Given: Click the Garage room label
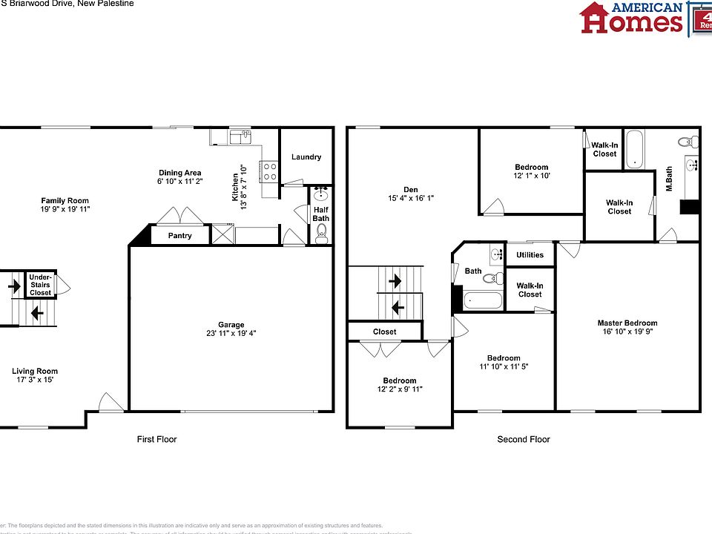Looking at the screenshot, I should point(231,324).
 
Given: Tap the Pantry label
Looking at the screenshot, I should point(179,236).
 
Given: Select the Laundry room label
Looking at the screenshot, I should point(306,157).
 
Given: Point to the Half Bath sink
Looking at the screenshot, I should point(321,196).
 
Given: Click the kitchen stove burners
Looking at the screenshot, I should point(269,172).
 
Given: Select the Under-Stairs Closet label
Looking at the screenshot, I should point(41,285).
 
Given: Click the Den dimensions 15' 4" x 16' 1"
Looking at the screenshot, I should point(411,198).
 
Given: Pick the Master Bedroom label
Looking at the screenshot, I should point(627,323).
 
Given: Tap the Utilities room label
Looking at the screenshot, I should point(530,255).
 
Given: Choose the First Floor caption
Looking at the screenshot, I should point(157,439).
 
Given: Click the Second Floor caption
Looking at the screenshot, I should point(524,439).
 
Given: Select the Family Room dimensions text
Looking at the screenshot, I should point(65,209).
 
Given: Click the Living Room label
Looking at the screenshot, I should point(35,372).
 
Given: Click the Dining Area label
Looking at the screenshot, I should point(179,173).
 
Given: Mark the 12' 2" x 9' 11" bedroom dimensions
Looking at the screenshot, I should point(399,389).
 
